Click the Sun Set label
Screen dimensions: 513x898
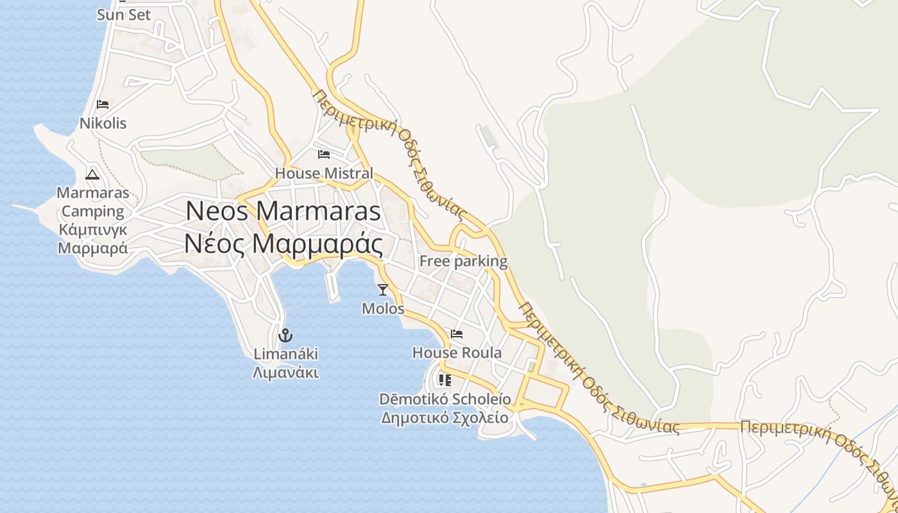(124, 14)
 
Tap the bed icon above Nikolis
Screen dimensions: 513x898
(103, 105)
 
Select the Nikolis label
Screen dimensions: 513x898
(103, 122)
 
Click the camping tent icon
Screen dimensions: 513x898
(92, 174)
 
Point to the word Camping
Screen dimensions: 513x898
(93, 211)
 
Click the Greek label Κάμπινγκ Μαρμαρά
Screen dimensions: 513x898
(93, 239)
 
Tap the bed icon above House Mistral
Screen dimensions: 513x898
(324, 155)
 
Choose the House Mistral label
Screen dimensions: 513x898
(324, 173)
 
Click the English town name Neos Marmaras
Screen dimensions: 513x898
(284, 212)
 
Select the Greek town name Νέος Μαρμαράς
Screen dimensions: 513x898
(284, 244)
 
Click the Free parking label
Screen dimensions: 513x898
(463, 261)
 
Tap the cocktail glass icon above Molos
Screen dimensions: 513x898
(383, 290)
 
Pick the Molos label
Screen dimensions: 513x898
(383, 308)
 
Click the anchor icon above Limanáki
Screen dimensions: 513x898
(285, 335)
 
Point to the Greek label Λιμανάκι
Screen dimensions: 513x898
(285, 373)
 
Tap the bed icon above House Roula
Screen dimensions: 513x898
(457, 334)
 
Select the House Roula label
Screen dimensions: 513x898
(457, 353)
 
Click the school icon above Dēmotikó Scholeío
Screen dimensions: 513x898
(445, 380)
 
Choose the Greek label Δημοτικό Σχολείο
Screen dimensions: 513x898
(445, 418)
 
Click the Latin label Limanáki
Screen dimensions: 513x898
(285, 354)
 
